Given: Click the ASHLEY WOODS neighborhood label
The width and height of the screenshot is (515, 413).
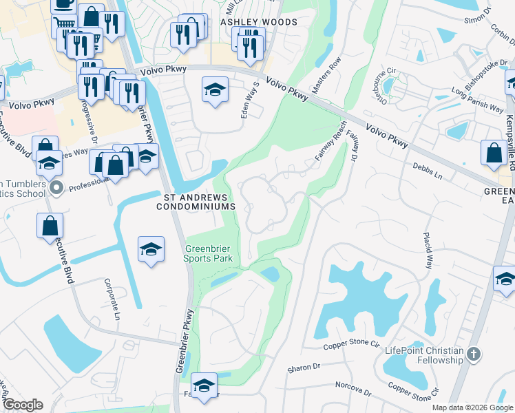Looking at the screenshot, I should [259, 22].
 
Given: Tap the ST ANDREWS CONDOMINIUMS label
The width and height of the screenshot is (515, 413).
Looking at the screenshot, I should [199, 201].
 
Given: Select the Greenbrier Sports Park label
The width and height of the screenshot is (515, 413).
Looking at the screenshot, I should [208, 253].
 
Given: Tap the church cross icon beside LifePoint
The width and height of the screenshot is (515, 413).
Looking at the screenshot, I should [472, 354].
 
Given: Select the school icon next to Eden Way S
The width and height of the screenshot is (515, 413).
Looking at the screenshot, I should [215, 90].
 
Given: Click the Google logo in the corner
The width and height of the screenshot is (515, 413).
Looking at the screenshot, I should [22, 405].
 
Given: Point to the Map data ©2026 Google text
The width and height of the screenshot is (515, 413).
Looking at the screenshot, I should [472, 407].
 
